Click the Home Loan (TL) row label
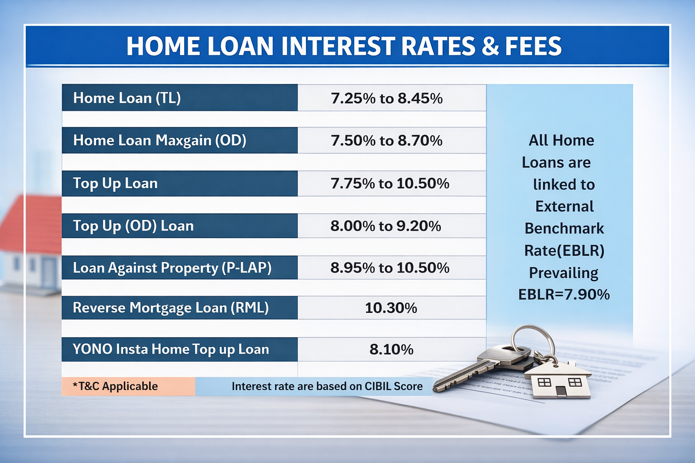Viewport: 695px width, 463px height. [127, 98]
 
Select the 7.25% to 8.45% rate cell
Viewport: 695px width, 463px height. [386, 98]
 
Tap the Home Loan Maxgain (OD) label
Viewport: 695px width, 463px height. [160, 140]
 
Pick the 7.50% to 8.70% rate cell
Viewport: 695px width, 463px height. [386, 141]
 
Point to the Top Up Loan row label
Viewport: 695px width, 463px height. [115, 183]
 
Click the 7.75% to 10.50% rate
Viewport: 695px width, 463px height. [390, 183]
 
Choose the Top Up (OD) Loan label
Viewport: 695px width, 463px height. [133, 226]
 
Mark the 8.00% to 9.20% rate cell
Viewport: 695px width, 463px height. [386, 226]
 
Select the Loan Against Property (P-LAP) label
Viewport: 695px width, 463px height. [172, 268]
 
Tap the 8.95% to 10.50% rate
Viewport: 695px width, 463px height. [390, 268]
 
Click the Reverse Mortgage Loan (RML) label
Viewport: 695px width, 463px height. [171, 307]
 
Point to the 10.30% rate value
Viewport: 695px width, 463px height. [391, 308]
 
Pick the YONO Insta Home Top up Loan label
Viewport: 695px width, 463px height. [171, 349]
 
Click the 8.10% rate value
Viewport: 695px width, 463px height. [391, 350]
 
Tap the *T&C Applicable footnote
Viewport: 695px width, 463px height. [115, 387]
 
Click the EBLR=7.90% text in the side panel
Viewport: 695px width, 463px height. [564, 295]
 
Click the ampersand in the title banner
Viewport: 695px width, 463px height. [490, 46]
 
